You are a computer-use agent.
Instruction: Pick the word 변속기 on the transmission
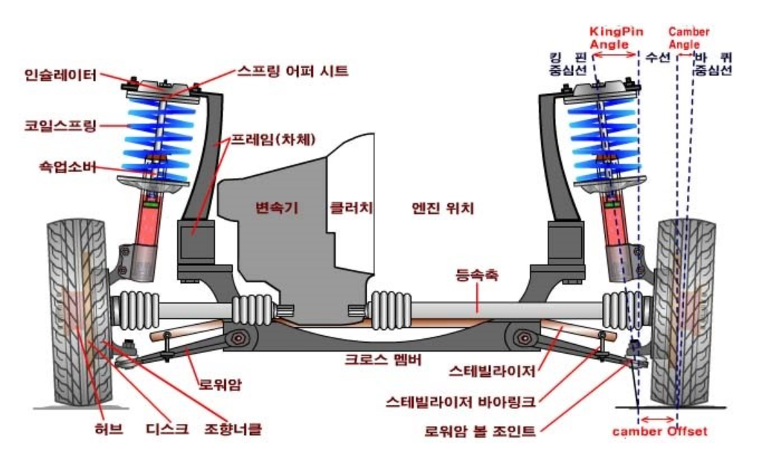[x=276, y=209]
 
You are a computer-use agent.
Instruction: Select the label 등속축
[x=476, y=276]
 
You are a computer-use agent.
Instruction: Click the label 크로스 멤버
[x=382, y=360]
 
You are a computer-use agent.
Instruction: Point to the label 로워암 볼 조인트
[x=480, y=431]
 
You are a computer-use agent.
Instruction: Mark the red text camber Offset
[x=659, y=431]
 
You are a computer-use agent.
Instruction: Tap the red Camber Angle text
[x=688, y=38]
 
